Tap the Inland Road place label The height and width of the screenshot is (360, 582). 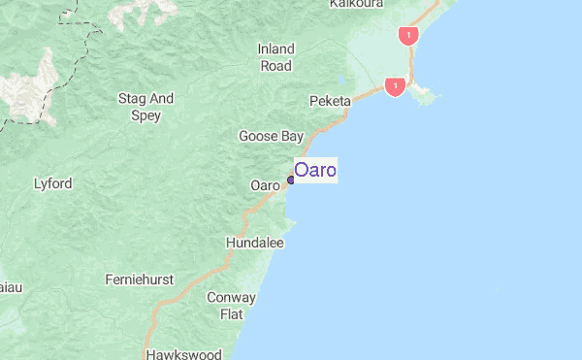[275, 57]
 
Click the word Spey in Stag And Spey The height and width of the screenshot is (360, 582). [145, 115]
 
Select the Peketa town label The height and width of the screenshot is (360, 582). [329, 101]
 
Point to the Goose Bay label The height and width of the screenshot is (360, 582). [272, 136]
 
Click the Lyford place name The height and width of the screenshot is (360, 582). [53, 182]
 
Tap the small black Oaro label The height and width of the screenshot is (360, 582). [265, 185]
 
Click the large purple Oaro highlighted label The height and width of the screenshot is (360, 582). [315, 171]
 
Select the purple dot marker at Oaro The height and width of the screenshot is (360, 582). [291, 180]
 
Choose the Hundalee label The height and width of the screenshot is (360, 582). [254, 243]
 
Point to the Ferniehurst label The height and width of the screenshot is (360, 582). [139, 279]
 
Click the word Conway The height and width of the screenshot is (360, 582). [232, 298]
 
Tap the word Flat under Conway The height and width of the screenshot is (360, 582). [232, 314]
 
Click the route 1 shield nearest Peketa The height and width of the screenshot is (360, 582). [395, 87]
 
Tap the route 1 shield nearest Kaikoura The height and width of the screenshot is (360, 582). [407, 36]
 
